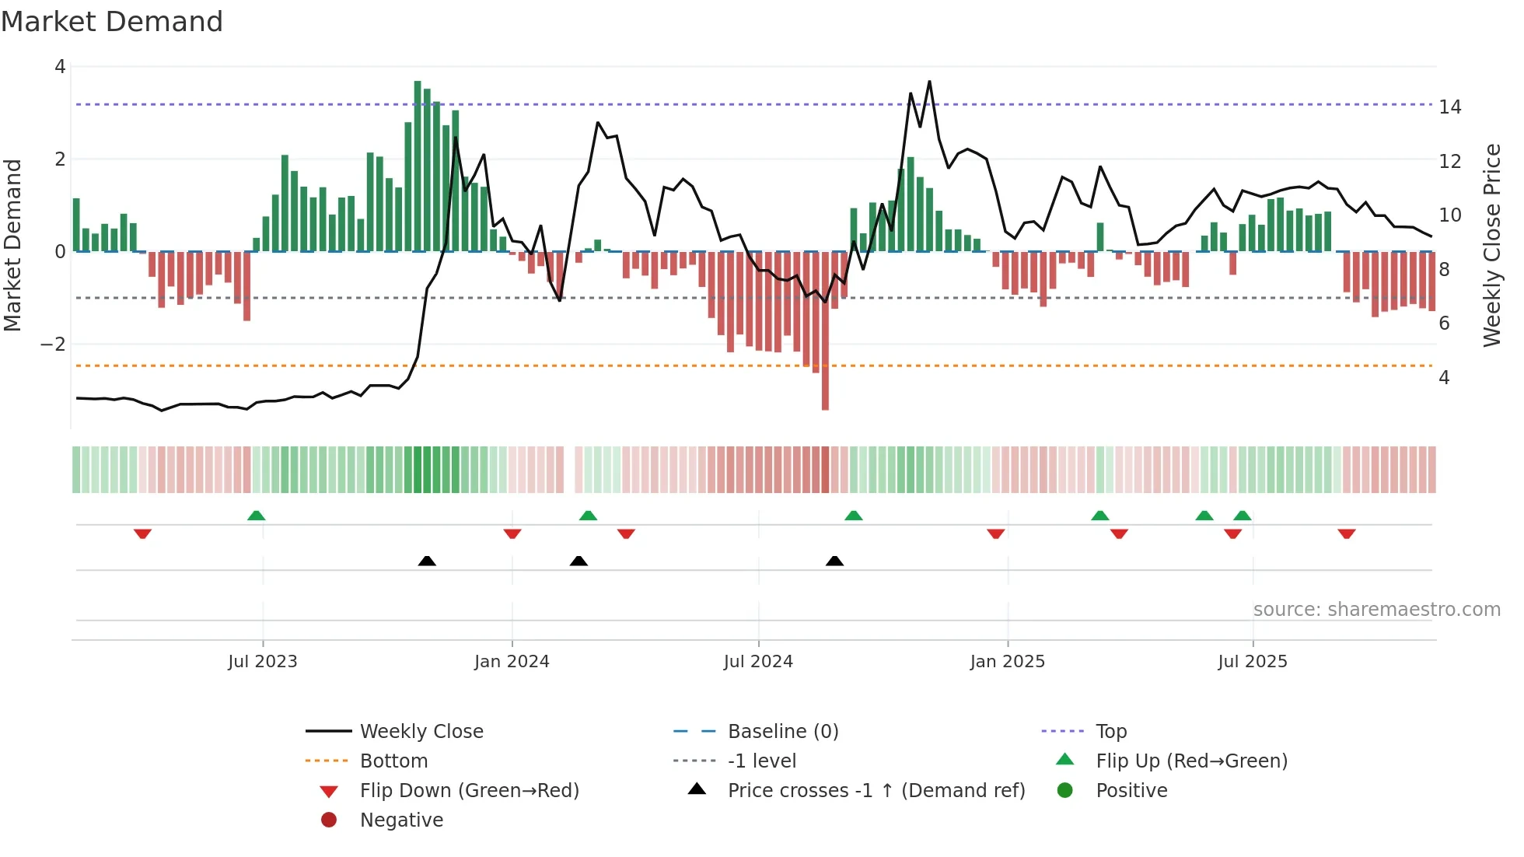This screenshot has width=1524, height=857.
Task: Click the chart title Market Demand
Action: click(112, 22)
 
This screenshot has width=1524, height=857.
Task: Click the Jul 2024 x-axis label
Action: click(758, 662)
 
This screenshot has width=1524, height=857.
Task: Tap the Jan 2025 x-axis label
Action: click(1007, 662)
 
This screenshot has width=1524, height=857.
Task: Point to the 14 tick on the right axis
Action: click(1449, 107)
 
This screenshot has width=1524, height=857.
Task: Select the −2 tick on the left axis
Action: click(53, 345)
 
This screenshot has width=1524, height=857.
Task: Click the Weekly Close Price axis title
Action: click(1491, 245)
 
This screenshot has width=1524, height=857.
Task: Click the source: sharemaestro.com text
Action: click(1376, 610)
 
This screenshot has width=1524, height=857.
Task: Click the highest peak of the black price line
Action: click(929, 82)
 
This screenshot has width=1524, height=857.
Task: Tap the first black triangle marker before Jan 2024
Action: click(427, 561)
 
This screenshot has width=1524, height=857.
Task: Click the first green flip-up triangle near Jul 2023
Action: click(257, 516)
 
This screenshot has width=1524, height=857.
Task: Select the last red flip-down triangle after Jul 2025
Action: click(1347, 533)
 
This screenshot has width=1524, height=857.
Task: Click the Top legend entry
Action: click(1110, 732)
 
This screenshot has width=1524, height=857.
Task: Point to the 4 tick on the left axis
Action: click(60, 67)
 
